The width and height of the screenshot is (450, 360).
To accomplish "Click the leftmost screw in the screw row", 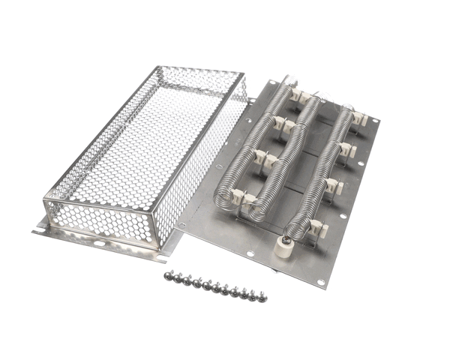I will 169,277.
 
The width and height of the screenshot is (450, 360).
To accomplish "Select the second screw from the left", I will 177,279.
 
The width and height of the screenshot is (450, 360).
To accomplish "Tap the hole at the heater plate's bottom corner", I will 321,283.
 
